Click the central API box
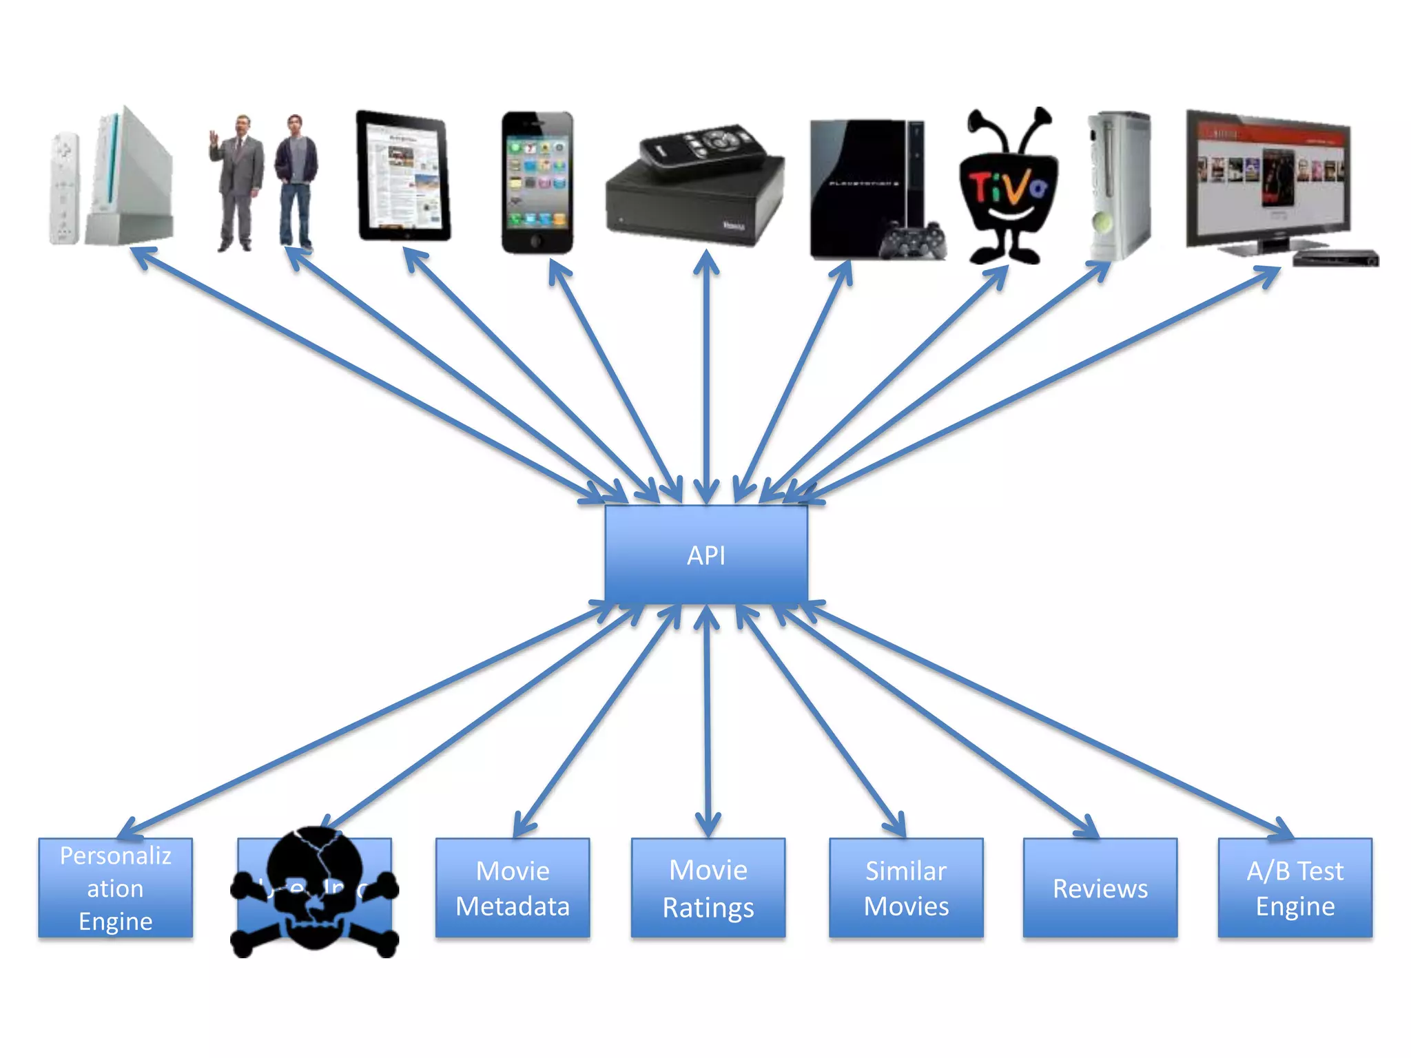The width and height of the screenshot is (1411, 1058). click(705, 555)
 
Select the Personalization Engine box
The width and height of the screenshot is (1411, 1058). click(115, 888)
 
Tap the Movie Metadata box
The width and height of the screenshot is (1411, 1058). click(513, 888)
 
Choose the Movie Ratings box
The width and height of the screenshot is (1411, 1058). click(708, 888)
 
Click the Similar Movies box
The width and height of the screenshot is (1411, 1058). click(906, 888)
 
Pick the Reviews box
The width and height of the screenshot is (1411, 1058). click(1100, 888)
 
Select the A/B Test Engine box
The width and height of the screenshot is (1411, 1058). click(1295, 888)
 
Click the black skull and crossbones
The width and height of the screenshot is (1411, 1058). click(314, 892)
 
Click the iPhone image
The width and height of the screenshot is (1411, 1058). click(537, 183)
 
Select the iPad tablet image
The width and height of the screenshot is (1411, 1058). click(403, 176)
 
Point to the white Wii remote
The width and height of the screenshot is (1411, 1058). click(63, 188)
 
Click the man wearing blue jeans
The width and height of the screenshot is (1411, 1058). click(296, 183)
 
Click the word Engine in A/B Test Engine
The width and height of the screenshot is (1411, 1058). click(1295, 906)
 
